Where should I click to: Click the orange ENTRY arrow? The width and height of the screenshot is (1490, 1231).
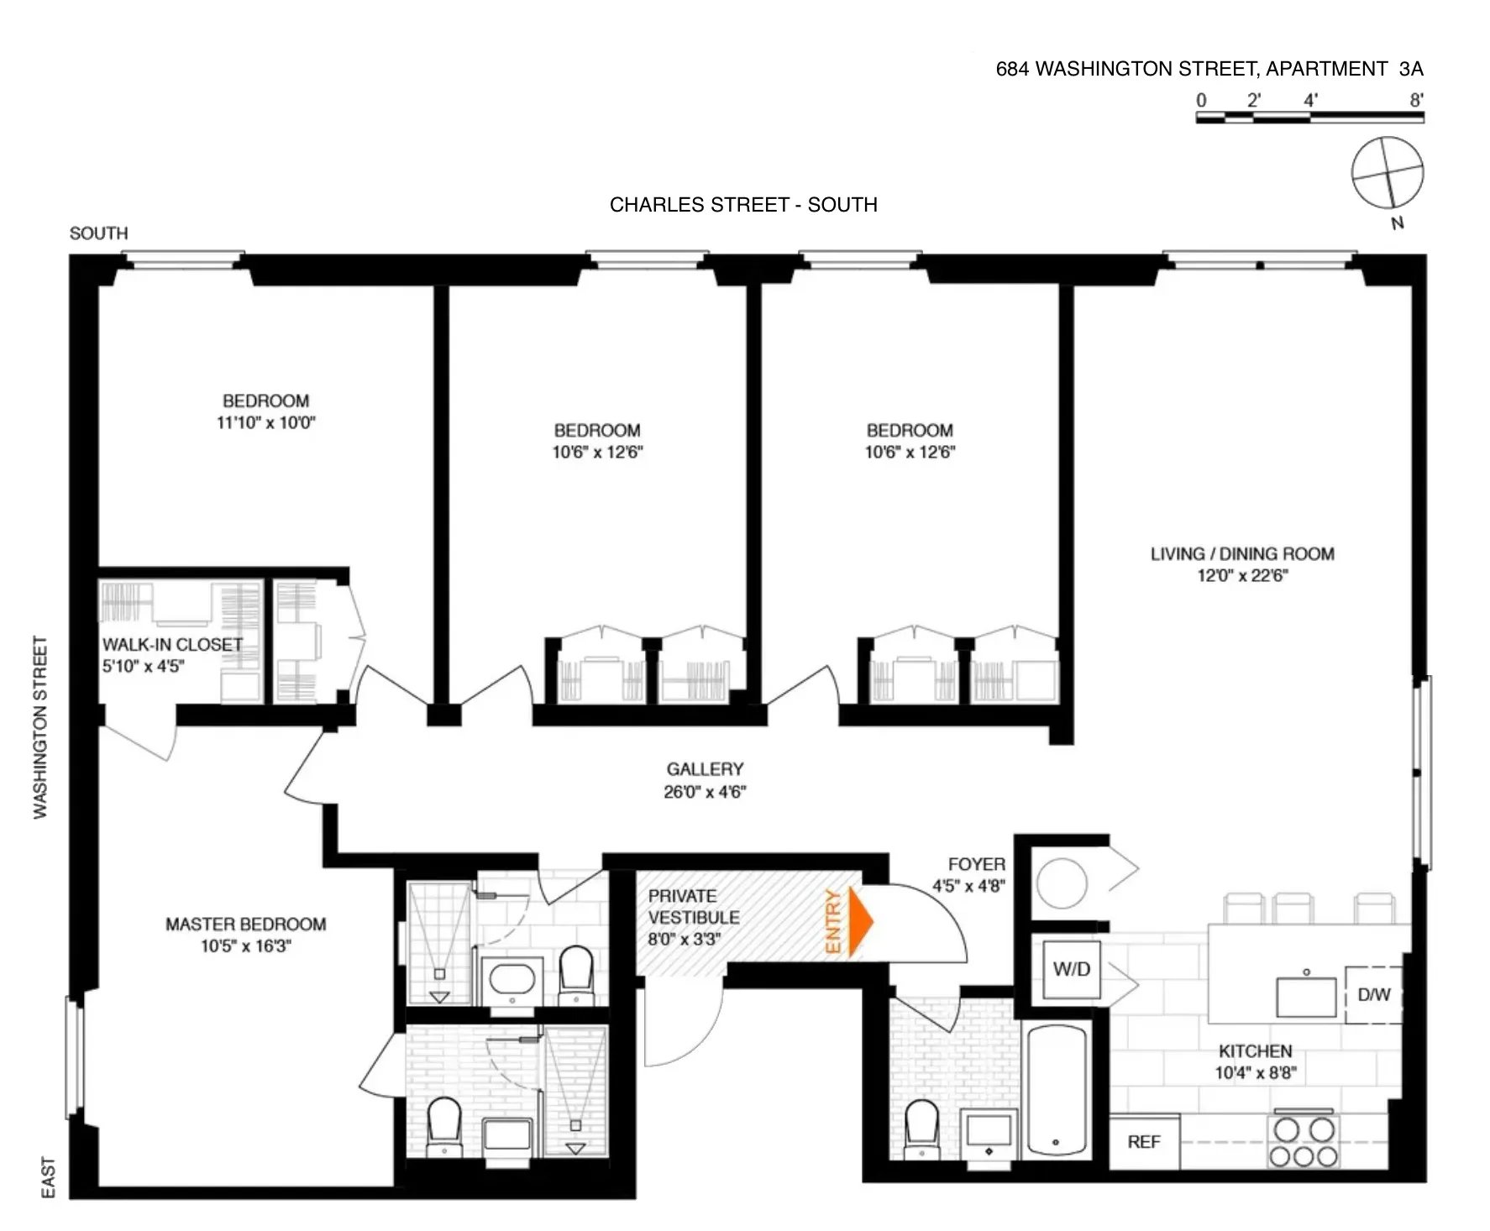tap(859, 921)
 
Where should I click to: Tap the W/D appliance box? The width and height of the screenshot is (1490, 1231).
tap(1071, 969)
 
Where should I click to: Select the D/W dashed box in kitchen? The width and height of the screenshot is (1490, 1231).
tap(1373, 995)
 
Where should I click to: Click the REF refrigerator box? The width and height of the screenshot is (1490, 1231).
tap(1143, 1142)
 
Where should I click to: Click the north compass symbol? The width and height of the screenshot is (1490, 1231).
tap(1388, 173)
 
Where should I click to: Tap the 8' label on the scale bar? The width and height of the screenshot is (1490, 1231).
tap(1416, 100)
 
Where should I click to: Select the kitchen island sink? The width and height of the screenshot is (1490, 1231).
tap(1306, 996)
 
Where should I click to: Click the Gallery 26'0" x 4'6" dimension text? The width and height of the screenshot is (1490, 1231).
tap(705, 792)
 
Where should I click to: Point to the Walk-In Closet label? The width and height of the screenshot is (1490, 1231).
tap(172, 644)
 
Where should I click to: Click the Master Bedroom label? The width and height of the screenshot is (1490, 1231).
tap(245, 925)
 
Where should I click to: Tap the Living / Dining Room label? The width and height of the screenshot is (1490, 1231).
tap(1242, 553)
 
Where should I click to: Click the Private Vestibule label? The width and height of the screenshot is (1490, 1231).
tap(693, 907)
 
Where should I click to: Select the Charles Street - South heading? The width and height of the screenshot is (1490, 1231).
tap(743, 205)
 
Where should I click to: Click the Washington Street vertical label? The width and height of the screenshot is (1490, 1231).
tap(40, 727)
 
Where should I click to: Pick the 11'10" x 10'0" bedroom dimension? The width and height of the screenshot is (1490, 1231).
tap(265, 422)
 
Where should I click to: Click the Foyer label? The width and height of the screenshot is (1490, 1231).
tap(976, 864)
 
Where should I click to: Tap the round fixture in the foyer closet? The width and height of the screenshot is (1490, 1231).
tap(1062, 883)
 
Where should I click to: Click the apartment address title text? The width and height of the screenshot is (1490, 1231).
tap(1209, 69)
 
